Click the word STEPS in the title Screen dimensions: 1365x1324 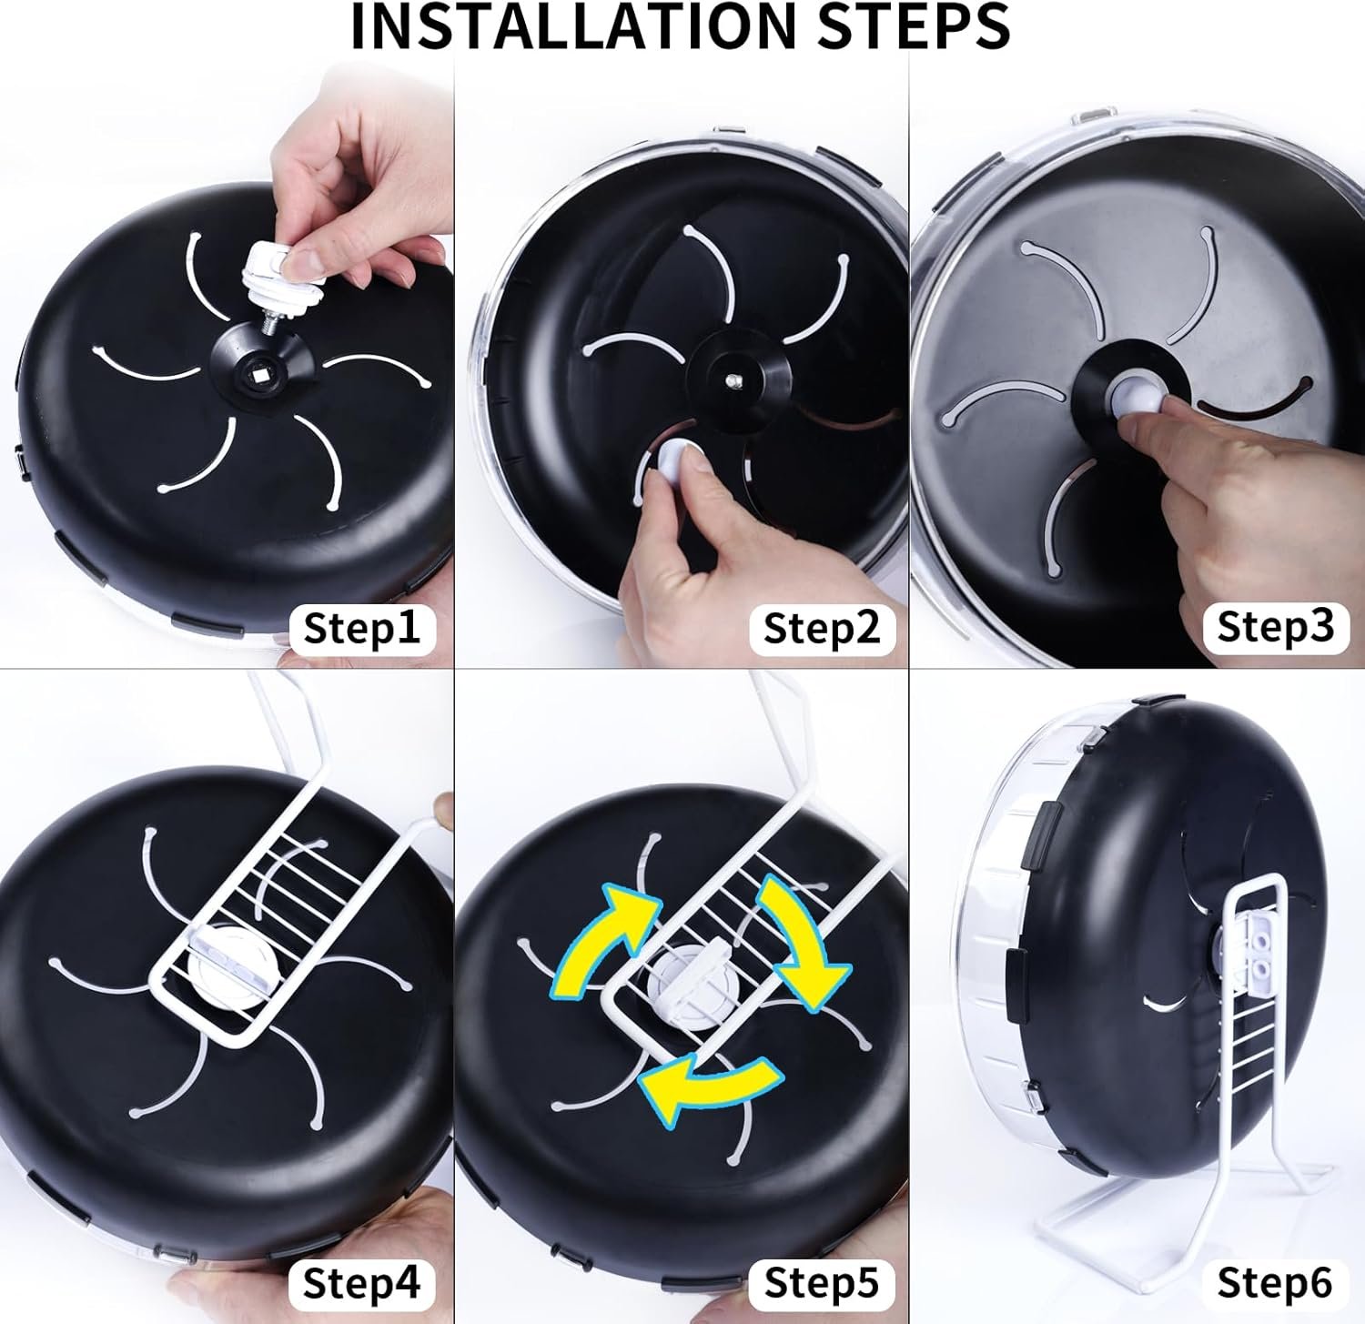coord(915,26)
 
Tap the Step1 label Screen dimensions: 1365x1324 coord(362,628)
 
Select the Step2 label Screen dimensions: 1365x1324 coord(822,628)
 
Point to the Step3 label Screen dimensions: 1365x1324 coord(1275,626)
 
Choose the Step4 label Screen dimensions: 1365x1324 coord(362,1283)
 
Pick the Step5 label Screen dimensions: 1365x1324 coord(822,1283)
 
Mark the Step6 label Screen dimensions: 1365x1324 coord(1274,1283)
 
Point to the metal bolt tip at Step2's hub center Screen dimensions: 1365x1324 coord(735,379)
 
